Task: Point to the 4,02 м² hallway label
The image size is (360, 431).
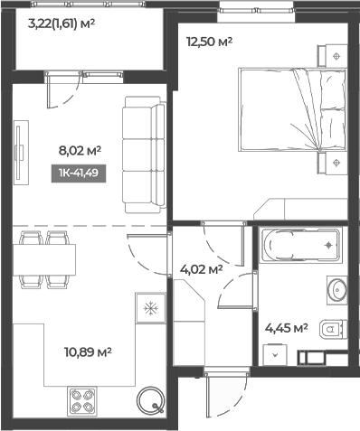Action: coord(200,267)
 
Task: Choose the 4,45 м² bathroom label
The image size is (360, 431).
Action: coord(288,328)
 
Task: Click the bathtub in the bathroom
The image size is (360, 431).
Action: coord(299,245)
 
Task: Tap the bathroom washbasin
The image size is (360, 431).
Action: coord(336,290)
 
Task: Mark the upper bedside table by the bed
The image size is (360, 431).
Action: coord(336,56)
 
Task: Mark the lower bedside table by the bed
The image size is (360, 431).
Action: coord(336,164)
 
